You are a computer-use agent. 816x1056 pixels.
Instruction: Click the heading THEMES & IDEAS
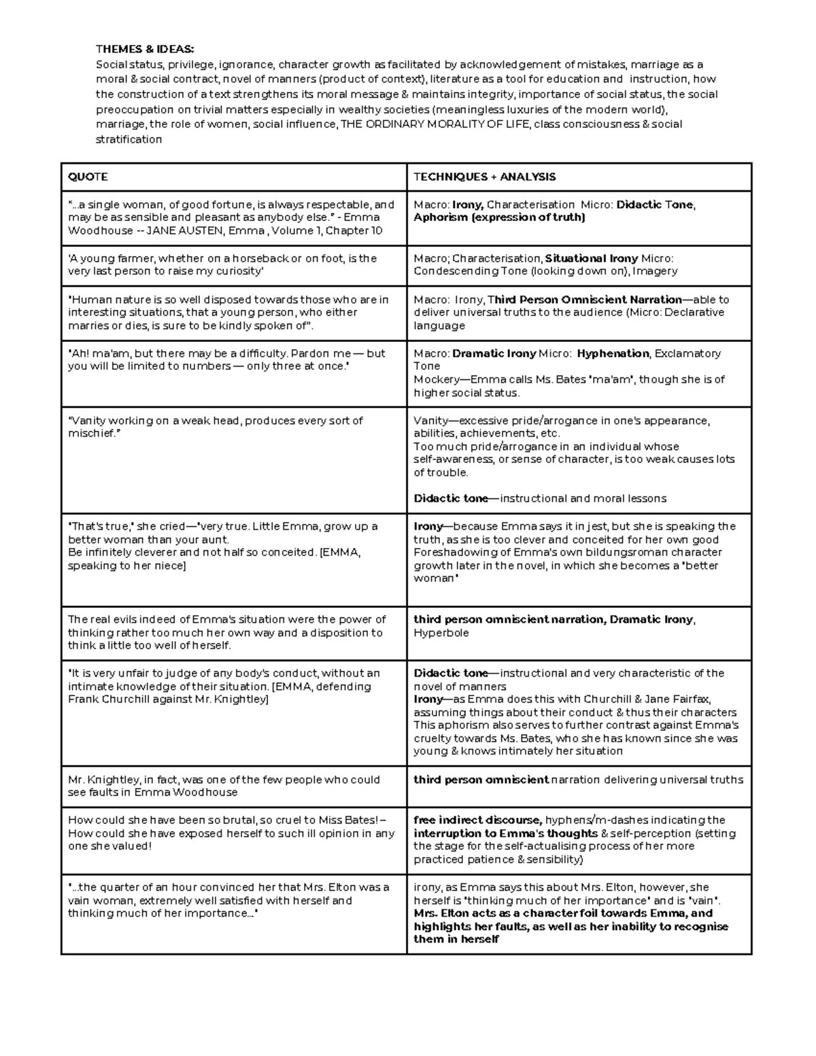[x=145, y=49]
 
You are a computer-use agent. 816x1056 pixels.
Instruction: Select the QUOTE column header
[x=88, y=177]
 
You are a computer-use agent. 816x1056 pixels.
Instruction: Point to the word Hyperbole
[x=441, y=633]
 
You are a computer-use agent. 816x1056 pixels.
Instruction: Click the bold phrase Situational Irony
[x=592, y=258]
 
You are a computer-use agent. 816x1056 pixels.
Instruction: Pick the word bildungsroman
[x=622, y=552]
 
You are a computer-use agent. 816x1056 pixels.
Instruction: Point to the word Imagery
[x=656, y=271]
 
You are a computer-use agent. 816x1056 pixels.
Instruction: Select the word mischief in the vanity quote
[x=91, y=433]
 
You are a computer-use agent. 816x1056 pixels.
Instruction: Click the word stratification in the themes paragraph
[x=129, y=139]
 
